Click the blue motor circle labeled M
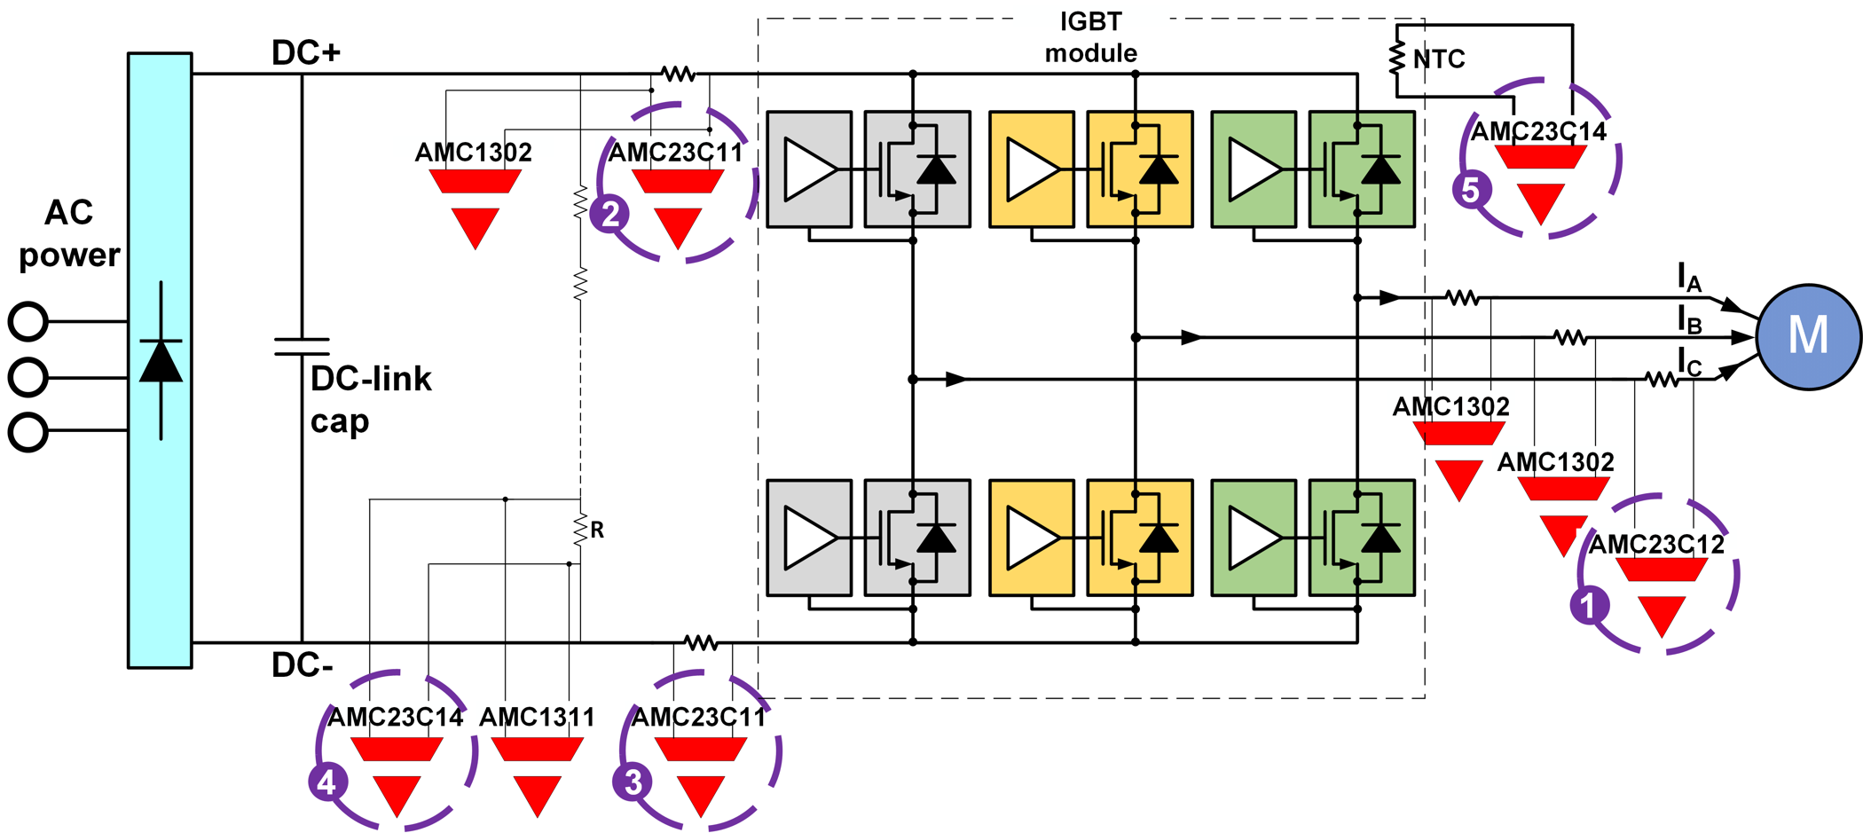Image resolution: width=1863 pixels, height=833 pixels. pyautogui.click(x=1808, y=336)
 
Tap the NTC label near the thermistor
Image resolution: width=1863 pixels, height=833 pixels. pyautogui.click(x=1439, y=59)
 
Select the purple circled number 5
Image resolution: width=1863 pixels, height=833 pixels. pyautogui.click(x=1471, y=190)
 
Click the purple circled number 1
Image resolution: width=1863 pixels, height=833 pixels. pyautogui.click(x=1589, y=605)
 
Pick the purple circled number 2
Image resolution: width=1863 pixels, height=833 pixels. pyautogui.click(x=609, y=214)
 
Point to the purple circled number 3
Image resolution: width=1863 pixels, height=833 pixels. pyautogui.click(x=633, y=782)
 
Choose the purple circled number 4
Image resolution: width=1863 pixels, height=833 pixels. pyautogui.click(x=327, y=782)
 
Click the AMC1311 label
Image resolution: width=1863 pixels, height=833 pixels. pyautogui.click(x=537, y=717)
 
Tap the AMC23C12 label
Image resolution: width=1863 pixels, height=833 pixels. pyautogui.click(x=1656, y=544)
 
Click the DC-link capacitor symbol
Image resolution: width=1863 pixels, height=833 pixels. pyautogui.click(x=302, y=346)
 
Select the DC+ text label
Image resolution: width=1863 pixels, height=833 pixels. pyautogui.click(x=306, y=53)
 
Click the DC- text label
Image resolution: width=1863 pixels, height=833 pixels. pyautogui.click(x=302, y=665)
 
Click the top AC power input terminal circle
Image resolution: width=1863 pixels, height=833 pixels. pyautogui.click(x=28, y=321)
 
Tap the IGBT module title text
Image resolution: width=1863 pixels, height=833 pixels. pyautogui.click(x=1090, y=37)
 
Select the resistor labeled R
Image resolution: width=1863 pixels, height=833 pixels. pyautogui.click(x=581, y=530)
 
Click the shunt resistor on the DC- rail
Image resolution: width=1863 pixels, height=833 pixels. pyautogui.click(x=701, y=641)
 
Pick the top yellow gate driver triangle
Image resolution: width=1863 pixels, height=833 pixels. pyautogui.click(x=1032, y=169)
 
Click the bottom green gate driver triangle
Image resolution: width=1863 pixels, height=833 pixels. pyautogui.click(x=1254, y=538)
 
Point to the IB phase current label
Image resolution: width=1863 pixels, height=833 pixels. pyautogui.click(x=1689, y=320)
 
